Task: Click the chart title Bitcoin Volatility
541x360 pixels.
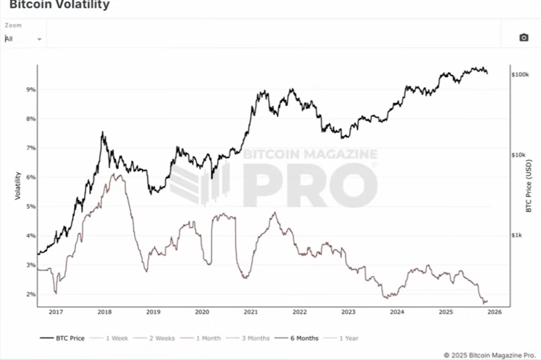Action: tap(59, 5)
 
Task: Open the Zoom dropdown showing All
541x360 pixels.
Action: tap(23, 38)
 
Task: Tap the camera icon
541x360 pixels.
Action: tap(523, 38)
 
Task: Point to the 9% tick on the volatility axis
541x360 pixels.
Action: tap(30, 90)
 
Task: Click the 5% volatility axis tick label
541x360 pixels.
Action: tap(30, 206)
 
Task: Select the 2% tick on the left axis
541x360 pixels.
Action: tap(30, 294)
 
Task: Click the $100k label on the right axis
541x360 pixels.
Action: tap(520, 74)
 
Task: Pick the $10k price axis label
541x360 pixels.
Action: tap(518, 155)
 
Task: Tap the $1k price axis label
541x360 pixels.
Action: tap(517, 236)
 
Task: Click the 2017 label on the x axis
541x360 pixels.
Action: tap(56, 312)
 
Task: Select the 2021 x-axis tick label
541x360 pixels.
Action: tap(250, 312)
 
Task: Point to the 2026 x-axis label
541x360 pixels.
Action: tap(494, 312)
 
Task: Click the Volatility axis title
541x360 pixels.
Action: tap(18, 186)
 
